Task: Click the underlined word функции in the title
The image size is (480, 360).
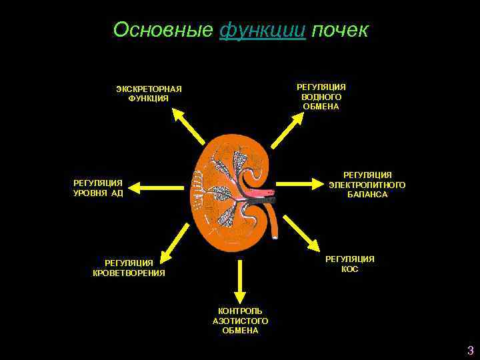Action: click(262, 30)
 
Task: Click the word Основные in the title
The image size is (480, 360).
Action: click(163, 30)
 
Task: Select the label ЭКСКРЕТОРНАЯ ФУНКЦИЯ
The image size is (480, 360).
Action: click(149, 94)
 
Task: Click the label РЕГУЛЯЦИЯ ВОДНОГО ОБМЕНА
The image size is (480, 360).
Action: click(321, 97)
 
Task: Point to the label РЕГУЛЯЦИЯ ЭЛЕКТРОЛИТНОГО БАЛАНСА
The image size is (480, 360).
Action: click(367, 185)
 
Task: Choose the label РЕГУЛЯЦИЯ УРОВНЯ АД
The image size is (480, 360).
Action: click(98, 188)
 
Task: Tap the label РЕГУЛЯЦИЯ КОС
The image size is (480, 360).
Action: click(349, 264)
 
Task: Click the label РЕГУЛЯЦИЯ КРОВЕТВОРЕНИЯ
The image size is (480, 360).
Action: click(129, 268)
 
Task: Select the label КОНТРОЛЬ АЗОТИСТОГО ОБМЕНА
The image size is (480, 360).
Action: click(240, 321)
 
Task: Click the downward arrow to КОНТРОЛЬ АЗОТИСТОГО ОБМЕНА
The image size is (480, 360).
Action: click(240, 280)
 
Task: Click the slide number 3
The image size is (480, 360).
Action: click(470, 351)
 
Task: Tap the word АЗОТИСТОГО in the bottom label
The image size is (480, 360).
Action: click(240, 321)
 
